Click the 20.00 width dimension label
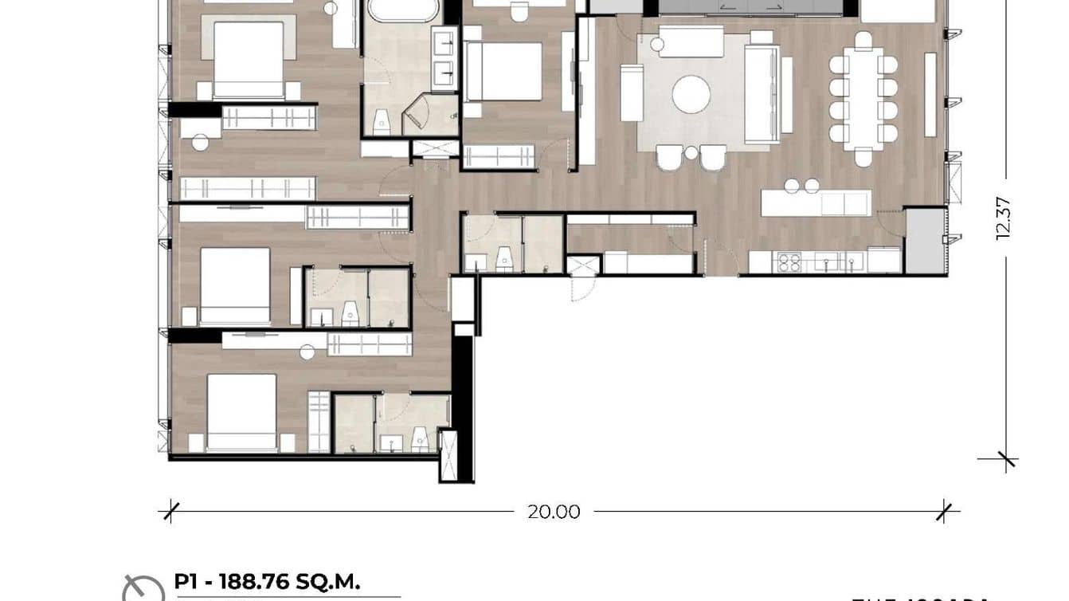(554, 512)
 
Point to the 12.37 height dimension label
(1003, 218)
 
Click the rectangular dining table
(863, 97)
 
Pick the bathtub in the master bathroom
(403, 10)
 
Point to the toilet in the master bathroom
(381, 121)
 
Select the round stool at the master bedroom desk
(199, 143)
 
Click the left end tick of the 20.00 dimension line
(169, 511)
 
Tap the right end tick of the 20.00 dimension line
(945, 511)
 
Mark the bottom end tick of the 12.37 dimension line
(1007, 459)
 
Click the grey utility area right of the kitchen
(925, 240)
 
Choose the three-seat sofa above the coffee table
(690, 41)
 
